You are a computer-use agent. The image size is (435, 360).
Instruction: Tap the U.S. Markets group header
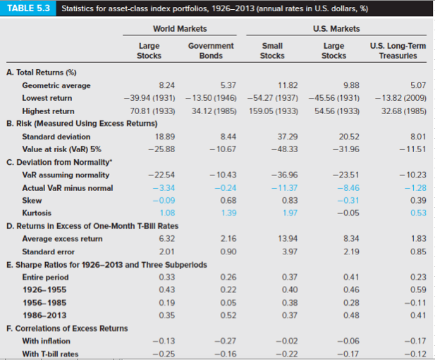(x=341, y=29)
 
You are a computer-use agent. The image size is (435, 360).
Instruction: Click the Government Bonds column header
(x=211, y=50)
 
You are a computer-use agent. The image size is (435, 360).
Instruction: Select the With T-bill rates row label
(x=50, y=353)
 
